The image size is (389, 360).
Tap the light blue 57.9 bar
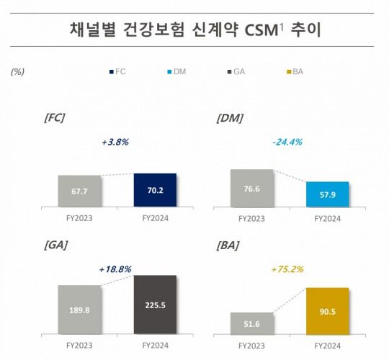(x=327, y=195)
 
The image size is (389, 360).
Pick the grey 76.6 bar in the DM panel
(x=251, y=189)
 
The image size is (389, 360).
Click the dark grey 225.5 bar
(x=155, y=304)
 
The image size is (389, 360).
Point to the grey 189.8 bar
(x=80, y=309)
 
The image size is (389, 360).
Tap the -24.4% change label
(x=282, y=142)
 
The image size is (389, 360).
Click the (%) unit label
(x=19, y=72)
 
